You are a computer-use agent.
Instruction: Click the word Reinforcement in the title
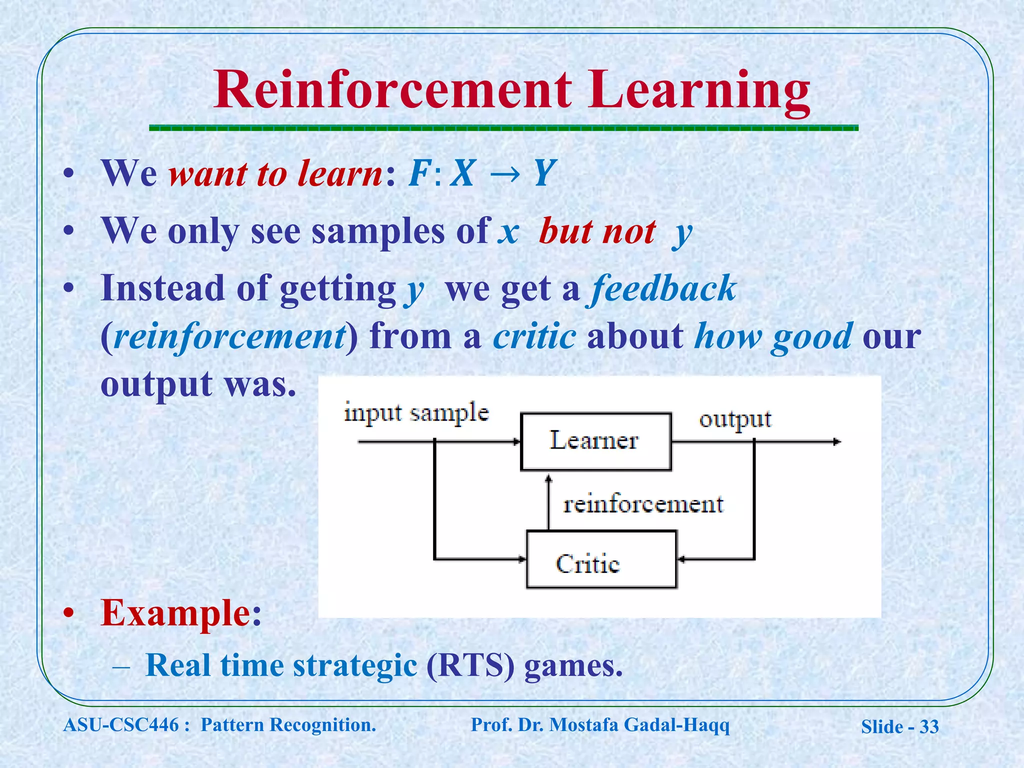pyautogui.click(x=392, y=90)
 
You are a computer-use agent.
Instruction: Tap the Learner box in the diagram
pyautogui.click(x=595, y=441)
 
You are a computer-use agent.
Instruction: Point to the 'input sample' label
pyautogui.click(x=416, y=413)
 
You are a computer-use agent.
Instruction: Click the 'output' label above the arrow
pyautogui.click(x=734, y=419)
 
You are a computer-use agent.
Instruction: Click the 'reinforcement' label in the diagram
pyautogui.click(x=643, y=504)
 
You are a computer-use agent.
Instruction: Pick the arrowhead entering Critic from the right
pyautogui.click(x=681, y=559)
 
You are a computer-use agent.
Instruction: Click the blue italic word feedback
pyautogui.click(x=662, y=289)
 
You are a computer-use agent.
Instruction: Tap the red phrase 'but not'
pyautogui.click(x=597, y=231)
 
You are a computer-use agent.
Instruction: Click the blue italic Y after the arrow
pyautogui.click(x=545, y=173)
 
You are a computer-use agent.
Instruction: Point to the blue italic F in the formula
pyautogui.click(x=419, y=173)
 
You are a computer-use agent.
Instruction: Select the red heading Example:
pyautogui.click(x=181, y=612)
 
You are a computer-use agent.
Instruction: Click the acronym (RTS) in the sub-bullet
pyautogui.click(x=470, y=665)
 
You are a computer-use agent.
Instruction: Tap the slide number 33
pyautogui.click(x=929, y=726)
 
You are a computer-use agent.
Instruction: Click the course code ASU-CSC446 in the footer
pyautogui.click(x=121, y=724)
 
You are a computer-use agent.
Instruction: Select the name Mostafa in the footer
pyautogui.click(x=583, y=724)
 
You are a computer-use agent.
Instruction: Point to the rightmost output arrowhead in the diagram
pyautogui.click(x=837, y=441)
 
